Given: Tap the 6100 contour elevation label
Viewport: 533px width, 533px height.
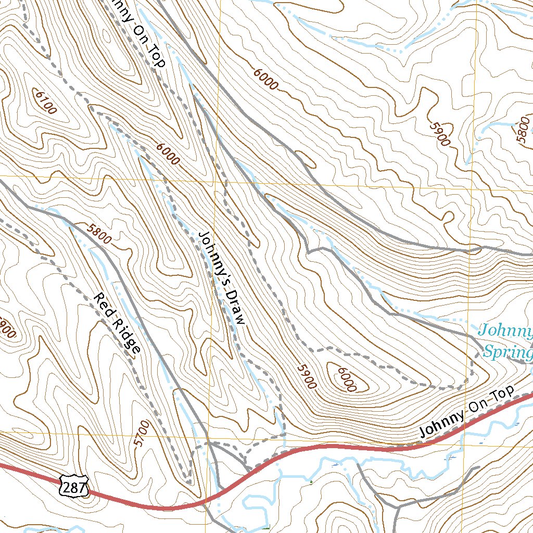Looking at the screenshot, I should coord(45,102).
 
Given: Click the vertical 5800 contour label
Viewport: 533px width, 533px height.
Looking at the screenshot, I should coord(523,133).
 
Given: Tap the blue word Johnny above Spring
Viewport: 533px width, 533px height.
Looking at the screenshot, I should coord(505,331).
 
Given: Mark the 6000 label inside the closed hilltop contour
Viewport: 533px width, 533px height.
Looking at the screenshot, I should coord(346,379).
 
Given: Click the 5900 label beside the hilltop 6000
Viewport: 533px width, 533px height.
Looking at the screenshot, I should coord(307,376).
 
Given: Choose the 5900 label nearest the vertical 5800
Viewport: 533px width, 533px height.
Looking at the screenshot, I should coord(439,133).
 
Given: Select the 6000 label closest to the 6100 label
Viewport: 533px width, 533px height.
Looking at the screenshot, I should coord(167,154).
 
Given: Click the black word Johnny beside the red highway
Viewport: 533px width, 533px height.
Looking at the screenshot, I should coord(441,423).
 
